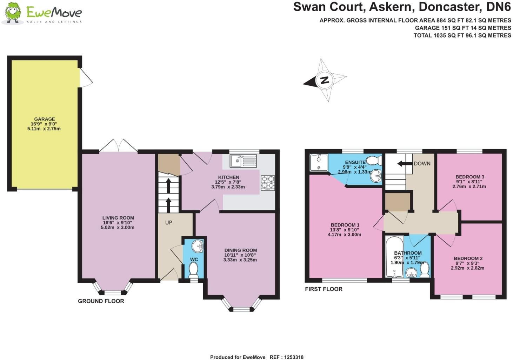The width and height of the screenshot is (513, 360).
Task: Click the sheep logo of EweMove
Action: click(x=13, y=13)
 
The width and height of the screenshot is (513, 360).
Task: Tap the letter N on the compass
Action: click(x=325, y=80)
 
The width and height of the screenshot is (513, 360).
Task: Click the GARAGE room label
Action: click(x=45, y=119)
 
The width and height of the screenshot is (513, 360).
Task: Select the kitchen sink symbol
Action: click(x=244, y=161)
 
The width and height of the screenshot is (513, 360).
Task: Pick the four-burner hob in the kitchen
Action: click(x=268, y=183)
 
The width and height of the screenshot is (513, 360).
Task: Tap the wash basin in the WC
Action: click(x=199, y=246)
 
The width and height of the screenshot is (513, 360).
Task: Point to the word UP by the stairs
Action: click(x=168, y=222)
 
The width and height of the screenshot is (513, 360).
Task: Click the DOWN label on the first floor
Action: click(x=422, y=164)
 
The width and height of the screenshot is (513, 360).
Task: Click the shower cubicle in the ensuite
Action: click(x=319, y=163)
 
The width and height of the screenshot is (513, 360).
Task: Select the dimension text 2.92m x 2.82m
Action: click(x=467, y=268)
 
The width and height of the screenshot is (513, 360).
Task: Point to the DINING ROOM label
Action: click(x=240, y=250)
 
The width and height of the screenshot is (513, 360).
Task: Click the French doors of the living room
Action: click(x=118, y=146)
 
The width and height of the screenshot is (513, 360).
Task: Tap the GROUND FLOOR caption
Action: click(x=101, y=301)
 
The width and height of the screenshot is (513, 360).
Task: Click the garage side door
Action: click(x=86, y=78)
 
